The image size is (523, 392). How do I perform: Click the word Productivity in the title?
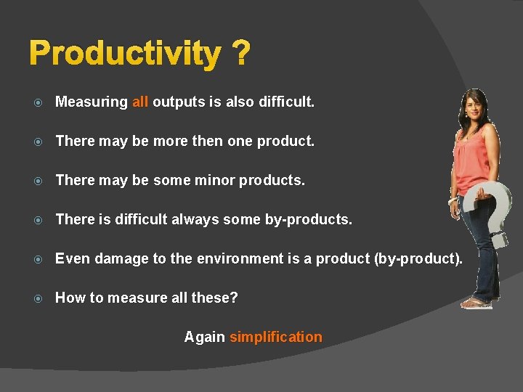tap(125, 54)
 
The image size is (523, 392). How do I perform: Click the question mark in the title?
tap(241, 54)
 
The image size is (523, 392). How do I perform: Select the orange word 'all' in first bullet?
tap(140, 102)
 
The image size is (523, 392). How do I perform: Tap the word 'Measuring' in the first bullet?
tap(92, 102)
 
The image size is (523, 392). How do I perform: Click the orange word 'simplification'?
tap(276, 337)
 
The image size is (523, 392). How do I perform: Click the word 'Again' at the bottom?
tap(205, 337)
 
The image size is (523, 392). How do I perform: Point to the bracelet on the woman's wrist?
tap(454, 200)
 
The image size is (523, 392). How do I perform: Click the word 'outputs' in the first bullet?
tap(179, 102)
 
